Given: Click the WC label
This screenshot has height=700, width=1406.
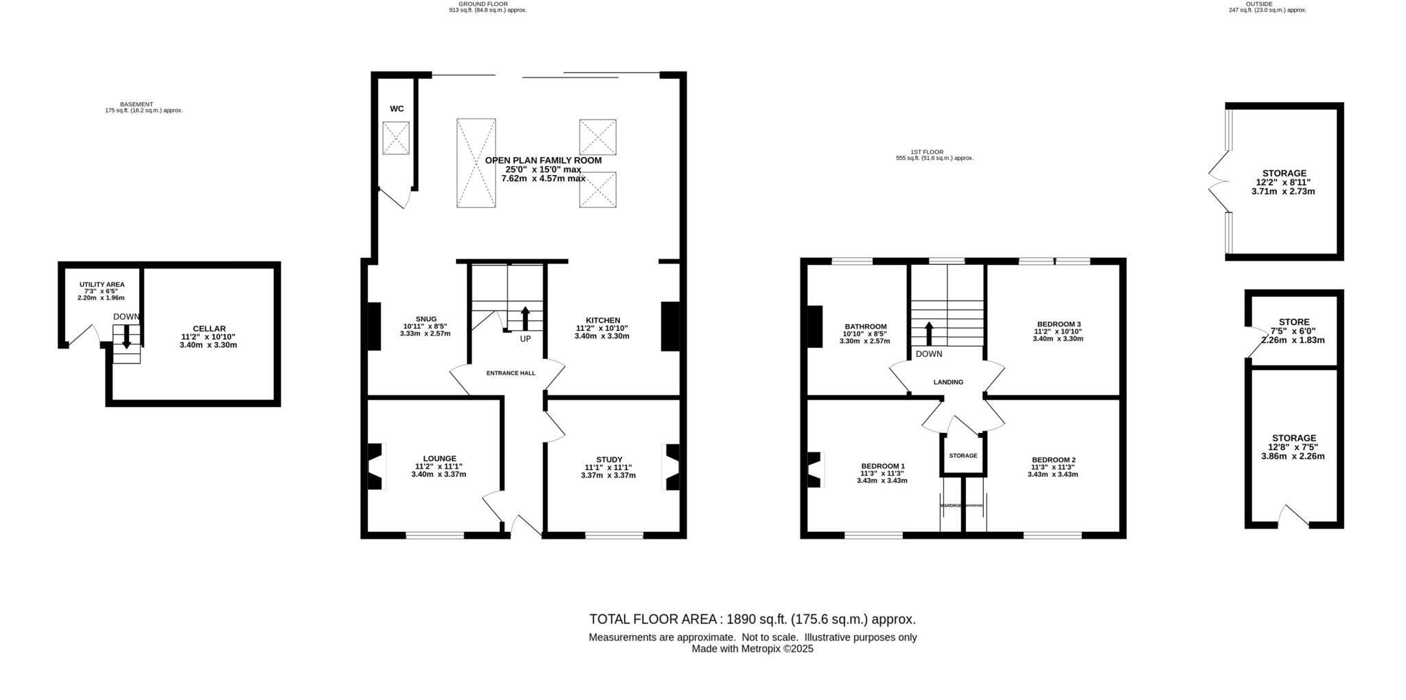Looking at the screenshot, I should pyautogui.click(x=397, y=108).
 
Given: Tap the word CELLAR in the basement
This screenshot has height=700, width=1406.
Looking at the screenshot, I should pyautogui.click(x=209, y=329).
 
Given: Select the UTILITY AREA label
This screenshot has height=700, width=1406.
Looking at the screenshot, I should pyautogui.click(x=102, y=284).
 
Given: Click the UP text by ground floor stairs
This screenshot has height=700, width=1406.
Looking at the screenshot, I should pyautogui.click(x=525, y=339).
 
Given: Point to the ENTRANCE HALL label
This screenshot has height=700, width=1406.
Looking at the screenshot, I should pyautogui.click(x=511, y=373).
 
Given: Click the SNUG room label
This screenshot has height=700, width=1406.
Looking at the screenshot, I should pyautogui.click(x=426, y=318).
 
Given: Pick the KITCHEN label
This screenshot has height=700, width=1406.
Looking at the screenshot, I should pyautogui.click(x=603, y=320).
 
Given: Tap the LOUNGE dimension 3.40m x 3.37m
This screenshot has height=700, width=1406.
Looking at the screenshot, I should pyautogui.click(x=439, y=474).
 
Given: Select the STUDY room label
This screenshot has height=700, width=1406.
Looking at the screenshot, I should pyautogui.click(x=609, y=460).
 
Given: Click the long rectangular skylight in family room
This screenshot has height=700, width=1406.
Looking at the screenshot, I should pyautogui.click(x=476, y=163).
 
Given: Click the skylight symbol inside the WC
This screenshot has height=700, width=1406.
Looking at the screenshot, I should pyautogui.click(x=395, y=138).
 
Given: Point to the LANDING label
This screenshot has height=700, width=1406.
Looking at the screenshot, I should pyautogui.click(x=948, y=382).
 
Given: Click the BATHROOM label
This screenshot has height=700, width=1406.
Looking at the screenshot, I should pyautogui.click(x=865, y=327).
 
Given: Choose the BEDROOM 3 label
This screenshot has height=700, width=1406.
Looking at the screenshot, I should pyautogui.click(x=1059, y=324).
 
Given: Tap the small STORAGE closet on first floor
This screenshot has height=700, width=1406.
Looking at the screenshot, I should pyautogui.click(x=963, y=456).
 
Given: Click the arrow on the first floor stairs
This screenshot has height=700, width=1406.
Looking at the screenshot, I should pyautogui.click(x=929, y=334).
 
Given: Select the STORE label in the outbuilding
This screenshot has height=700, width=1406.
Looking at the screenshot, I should pyautogui.click(x=1294, y=322).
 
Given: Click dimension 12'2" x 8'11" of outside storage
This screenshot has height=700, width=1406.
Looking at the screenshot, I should pyautogui.click(x=1283, y=183).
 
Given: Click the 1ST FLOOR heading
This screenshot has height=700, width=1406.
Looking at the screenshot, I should pyautogui.click(x=927, y=152).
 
